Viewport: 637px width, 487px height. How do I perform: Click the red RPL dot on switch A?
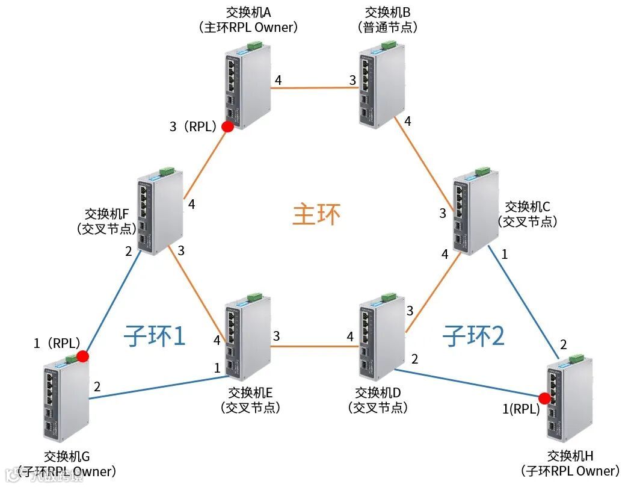(x=227, y=126)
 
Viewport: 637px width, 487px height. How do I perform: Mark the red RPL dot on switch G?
(x=83, y=356)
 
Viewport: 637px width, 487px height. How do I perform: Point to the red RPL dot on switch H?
(x=545, y=398)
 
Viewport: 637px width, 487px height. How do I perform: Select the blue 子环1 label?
(x=155, y=335)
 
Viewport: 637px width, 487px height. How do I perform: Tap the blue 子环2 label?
(x=473, y=335)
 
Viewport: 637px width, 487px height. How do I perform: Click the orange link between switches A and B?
(x=313, y=88)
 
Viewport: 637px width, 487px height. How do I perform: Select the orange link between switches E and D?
(x=313, y=346)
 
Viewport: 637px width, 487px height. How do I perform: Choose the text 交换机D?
(x=378, y=392)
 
